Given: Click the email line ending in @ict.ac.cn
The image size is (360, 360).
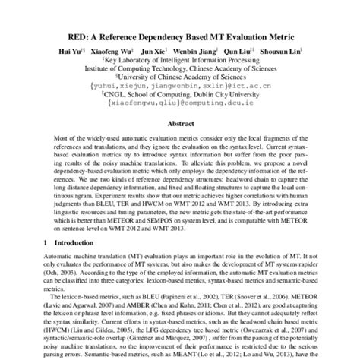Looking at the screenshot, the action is point(179,86).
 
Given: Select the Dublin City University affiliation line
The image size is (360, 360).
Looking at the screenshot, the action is point(181,96).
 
